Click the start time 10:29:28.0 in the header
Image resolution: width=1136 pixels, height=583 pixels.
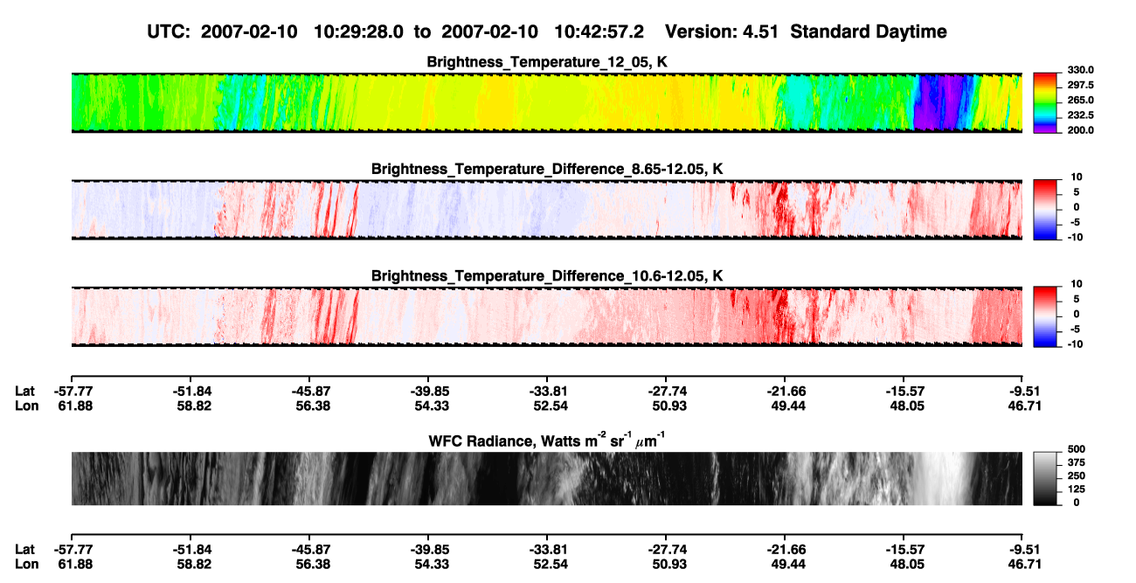coord(358,32)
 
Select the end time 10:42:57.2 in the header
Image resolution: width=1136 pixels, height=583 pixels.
coord(599,32)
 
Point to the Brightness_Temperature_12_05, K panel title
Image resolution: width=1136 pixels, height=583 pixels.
coord(547,62)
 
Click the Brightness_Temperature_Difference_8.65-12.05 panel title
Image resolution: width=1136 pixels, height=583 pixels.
coord(547,169)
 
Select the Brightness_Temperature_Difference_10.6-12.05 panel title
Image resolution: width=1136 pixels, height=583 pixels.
coord(547,276)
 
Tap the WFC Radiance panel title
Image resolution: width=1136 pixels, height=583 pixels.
coord(547,441)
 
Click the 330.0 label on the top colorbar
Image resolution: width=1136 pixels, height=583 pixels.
coord(1080,70)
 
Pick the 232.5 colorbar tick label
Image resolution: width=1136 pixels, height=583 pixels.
coord(1080,115)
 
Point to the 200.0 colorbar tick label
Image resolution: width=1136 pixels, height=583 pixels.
coord(1080,130)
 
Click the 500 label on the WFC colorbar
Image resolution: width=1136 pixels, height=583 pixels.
coord(1077,449)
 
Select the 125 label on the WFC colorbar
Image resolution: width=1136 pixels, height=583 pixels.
coord(1077,489)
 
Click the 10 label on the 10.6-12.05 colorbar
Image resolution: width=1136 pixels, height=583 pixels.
coord(1077,284)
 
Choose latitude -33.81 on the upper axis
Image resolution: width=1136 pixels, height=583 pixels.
coord(548,392)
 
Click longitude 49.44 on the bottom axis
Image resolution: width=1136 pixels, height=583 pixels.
coord(788,565)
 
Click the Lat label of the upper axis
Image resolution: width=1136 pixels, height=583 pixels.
coord(24,392)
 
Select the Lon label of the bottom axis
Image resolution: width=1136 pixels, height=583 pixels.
coord(26,565)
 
